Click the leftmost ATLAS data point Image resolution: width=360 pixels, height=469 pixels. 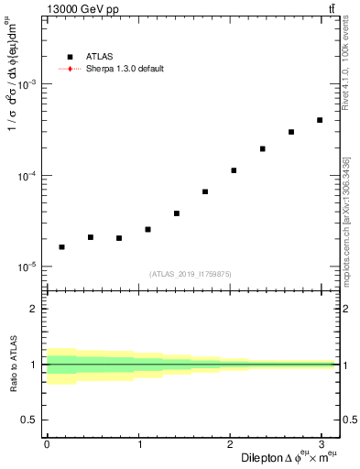point(61,247)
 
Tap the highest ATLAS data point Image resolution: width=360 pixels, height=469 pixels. point(320,120)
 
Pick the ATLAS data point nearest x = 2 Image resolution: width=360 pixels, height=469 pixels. point(234,170)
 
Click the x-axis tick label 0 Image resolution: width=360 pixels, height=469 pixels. point(47,444)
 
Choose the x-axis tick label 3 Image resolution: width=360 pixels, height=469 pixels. point(321,444)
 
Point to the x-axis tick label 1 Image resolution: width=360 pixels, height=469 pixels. point(138,444)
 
